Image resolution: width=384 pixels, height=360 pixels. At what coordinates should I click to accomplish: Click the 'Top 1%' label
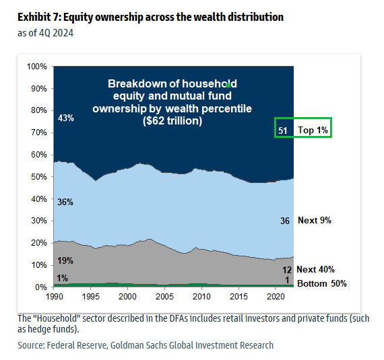point(315,130)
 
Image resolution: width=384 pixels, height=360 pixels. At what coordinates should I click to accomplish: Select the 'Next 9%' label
point(315,221)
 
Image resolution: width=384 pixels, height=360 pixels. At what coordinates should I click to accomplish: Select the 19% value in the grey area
point(65,260)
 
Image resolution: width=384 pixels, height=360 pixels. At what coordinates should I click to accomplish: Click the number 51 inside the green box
point(283,130)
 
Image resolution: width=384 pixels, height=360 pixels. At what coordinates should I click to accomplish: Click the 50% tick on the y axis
point(38,177)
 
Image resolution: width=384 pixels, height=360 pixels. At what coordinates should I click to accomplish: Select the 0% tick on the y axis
point(40,287)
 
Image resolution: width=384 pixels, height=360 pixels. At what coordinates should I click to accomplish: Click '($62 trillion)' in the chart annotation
point(172,122)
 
